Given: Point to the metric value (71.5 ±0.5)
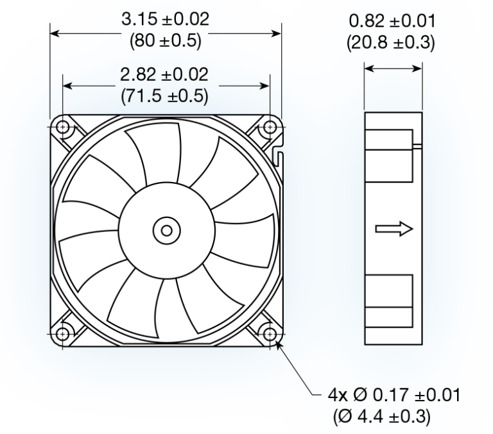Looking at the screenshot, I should (x=166, y=96).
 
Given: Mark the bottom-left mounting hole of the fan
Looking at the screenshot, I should (x=63, y=334).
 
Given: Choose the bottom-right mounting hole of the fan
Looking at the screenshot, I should (x=270, y=334).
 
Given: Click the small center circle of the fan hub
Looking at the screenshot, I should (x=166, y=230).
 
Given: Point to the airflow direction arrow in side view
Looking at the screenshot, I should (x=392, y=230).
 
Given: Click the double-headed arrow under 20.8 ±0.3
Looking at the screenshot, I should (x=393, y=69).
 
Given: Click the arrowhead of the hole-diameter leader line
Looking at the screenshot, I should (x=277, y=345).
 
